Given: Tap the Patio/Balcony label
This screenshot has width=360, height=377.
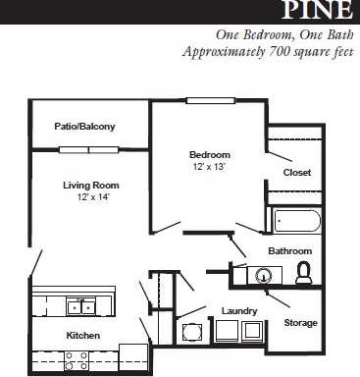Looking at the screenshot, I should pos(85,127).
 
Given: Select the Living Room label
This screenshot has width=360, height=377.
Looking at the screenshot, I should pos(90,185).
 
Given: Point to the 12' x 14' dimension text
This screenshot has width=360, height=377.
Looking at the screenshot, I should pos(90,197).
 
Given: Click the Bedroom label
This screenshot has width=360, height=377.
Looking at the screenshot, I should pos(210,155).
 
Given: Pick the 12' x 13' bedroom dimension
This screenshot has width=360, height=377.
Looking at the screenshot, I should pos(210,167).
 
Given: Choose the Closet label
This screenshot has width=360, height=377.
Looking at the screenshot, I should pos(296,173).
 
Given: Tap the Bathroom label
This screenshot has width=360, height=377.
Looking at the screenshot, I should pos(290,251).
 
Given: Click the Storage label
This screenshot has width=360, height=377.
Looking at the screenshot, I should pos(299,322).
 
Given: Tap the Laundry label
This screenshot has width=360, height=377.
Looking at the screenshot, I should pos(238,311).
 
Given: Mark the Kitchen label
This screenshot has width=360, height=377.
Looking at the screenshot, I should pos(83,336).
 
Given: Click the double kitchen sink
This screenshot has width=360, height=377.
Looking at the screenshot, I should pos(80,306).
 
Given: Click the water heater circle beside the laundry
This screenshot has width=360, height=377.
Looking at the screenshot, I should pos(191,329).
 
